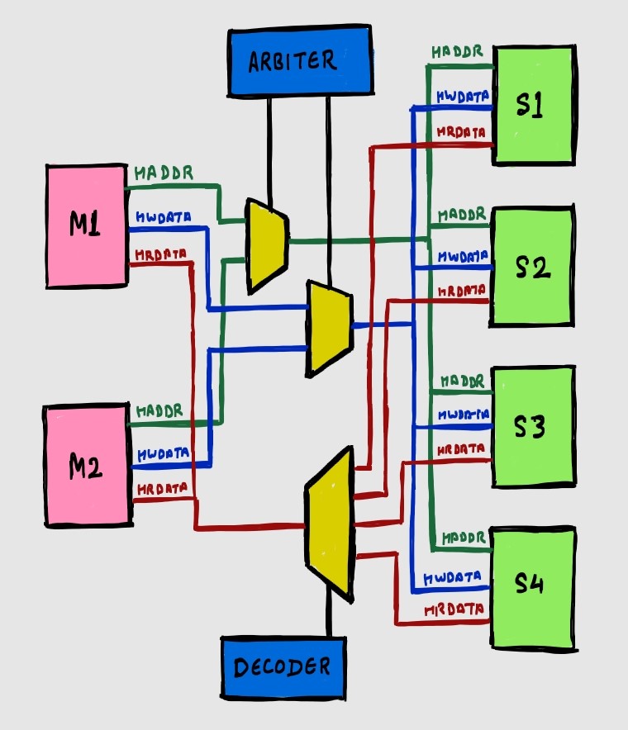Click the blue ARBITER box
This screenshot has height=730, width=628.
tap(298, 61)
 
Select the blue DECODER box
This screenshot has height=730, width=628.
tap(283, 666)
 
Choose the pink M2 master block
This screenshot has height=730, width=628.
tap(86, 466)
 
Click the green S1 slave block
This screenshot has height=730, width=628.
tap(534, 105)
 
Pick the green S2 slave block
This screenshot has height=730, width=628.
tap(534, 266)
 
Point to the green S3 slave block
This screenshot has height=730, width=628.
tap(534, 426)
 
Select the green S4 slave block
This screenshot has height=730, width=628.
tap(534, 585)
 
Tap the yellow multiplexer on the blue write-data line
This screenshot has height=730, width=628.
tap(329, 328)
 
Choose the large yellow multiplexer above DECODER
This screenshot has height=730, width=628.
tap(331, 524)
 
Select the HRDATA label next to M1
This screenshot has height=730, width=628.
tap(161, 254)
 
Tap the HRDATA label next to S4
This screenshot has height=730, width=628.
tap(452, 611)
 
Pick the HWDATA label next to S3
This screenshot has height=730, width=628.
tap(463, 415)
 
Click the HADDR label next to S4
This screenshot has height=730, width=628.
tap(463, 538)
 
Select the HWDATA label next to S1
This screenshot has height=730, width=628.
tap(461, 97)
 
